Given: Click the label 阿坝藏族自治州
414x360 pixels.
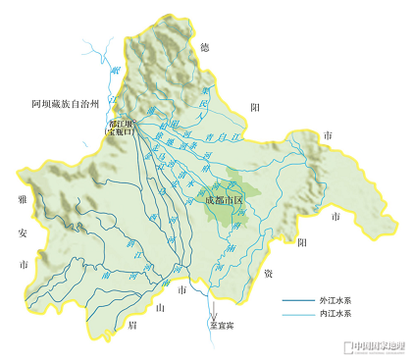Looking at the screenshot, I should pos(66,102).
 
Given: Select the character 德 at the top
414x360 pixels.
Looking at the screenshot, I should pos(204,47).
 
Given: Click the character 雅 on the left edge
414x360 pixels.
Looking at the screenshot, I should pos(21,200).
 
